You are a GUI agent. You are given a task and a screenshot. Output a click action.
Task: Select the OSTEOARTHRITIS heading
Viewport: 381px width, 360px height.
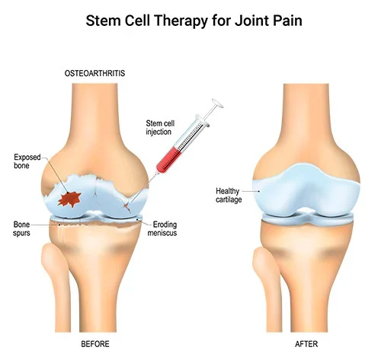click(x=94, y=73)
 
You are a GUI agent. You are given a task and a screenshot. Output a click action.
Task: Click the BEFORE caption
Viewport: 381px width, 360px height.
click(x=95, y=344)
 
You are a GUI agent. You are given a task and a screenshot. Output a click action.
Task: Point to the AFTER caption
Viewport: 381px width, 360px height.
click(x=306, y=344)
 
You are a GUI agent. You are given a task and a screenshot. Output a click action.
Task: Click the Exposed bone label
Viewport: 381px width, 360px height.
click(x=27, y=161)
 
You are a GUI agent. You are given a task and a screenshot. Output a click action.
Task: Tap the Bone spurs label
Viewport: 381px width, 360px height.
click(x=21, y=228)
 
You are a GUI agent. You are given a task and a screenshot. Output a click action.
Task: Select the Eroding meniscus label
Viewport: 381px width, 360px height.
click(x=162, y=228)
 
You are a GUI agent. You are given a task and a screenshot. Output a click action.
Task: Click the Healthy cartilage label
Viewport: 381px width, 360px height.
click(x=229, y=195)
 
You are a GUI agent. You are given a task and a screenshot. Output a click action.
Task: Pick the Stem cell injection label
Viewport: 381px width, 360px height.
click(x=160, y=128)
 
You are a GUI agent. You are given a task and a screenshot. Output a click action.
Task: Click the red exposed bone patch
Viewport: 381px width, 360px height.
click(x=70, y=199)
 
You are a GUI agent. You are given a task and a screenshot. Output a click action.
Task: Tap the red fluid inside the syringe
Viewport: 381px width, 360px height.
click(x=168, y=160)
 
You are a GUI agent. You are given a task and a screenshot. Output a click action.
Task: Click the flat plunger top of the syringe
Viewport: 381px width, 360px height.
click(x=218, y=104)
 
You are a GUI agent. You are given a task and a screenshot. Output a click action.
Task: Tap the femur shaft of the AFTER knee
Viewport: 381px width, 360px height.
click(x=306, y=114)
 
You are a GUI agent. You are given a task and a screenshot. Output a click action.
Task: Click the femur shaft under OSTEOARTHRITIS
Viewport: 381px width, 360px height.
click(x=94, y=114)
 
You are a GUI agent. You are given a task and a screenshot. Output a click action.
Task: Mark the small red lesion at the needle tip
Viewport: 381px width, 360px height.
click(x=126, y=206)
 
